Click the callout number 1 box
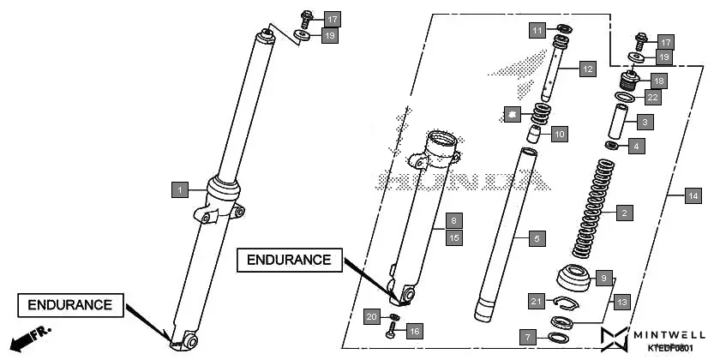(x=179, y=189)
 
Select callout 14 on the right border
(x=693, y=196)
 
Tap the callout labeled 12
(x=587, y=68)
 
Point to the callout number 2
(x=625, y=212)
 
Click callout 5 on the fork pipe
(x=536, y=237)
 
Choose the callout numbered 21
(x=537, y=300)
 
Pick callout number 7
(x=530, y=337)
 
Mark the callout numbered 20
(x=370, y=316)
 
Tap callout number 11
(x=537, y=31)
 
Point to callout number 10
(x=559, y=134)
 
